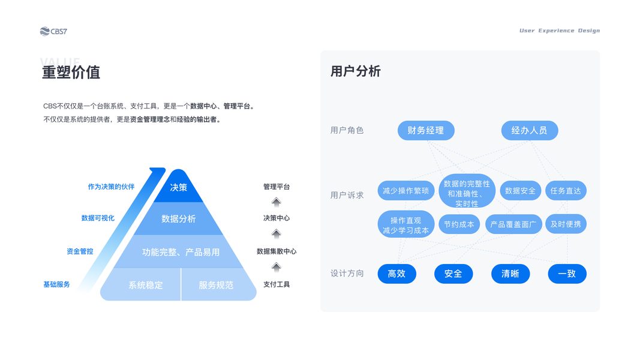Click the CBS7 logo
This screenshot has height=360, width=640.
tap(53, 31)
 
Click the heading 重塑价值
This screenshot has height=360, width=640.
tap(71, 72)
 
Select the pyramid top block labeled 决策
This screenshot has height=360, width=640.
tap(179, 188)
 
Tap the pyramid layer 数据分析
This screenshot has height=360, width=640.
tap(179, 219)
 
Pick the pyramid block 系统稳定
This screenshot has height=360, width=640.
tap(145, 285)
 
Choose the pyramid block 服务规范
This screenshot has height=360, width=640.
tap(216, 285)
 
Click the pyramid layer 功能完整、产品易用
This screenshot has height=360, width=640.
tap(181, 252)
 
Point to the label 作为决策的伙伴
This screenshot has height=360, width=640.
tap(111, 187)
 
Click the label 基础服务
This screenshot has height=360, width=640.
tap(56, 284)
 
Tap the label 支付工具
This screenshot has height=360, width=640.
tap(277, 284)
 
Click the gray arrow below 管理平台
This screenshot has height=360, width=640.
tap(276, 202)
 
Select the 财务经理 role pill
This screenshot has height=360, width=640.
tap(426, 130)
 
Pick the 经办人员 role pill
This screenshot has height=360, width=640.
tap(529, 130)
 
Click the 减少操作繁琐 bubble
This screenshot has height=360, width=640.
tap(406, 191)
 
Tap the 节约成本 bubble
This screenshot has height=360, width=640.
tap(459, 224)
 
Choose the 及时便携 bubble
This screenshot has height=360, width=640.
tap(566, 224)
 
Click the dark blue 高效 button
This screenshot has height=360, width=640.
tap(396, 274)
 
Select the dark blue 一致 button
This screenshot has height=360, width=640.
tap(567, 274)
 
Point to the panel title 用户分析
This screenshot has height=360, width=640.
tap(356, 71)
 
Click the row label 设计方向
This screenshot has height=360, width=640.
tap(347, 274)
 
